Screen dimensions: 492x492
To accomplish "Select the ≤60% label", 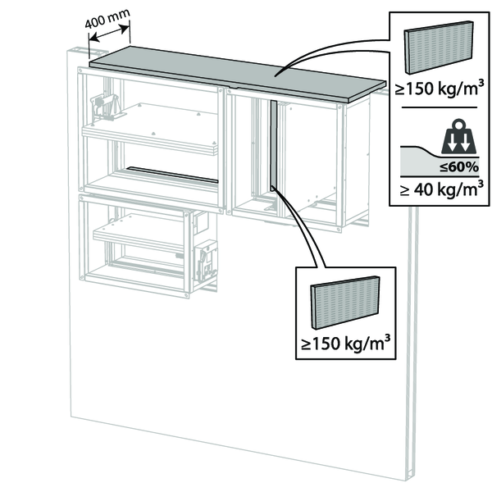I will tap(460, 167).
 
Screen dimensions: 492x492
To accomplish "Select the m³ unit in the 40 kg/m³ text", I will tap(471, 190).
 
